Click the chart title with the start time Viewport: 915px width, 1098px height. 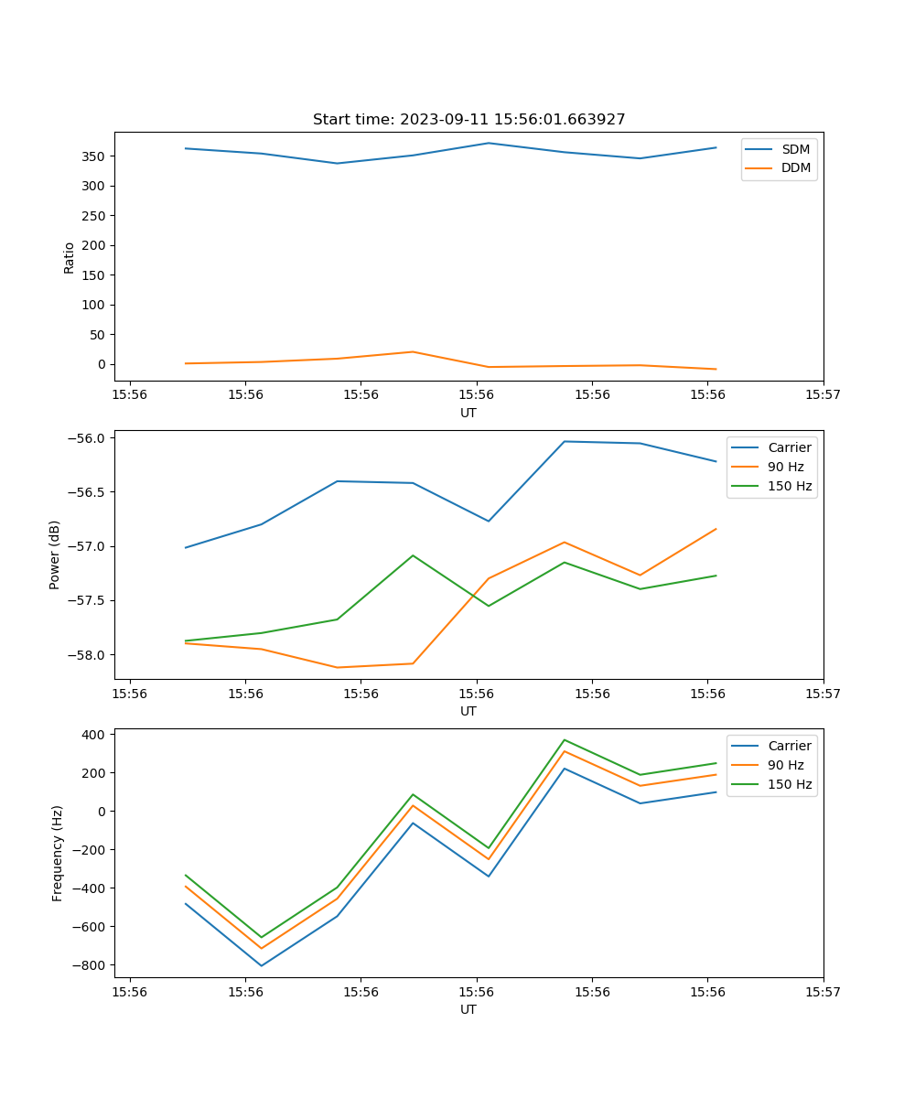click(x=468, y=120)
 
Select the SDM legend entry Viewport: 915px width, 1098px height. click(x=795, y=149)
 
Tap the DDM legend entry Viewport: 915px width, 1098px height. click(x=795, y=167)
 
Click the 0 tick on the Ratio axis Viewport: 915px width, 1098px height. click(x=102, y=364)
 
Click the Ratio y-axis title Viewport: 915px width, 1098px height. click(x=70, y=257)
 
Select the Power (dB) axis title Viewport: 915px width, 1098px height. click(x=55, y=554)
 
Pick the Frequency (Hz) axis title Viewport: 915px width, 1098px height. click(x=58, y=853)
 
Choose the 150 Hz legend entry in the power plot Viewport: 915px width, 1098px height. click(x=790, y=486)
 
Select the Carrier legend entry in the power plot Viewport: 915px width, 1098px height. click(x=790, y=447)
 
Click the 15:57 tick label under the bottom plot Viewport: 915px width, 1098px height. click(x=823, y=991)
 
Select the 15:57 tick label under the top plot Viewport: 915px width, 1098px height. click(x=823, y=394)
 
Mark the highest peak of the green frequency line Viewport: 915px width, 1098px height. click(x=565, y=740)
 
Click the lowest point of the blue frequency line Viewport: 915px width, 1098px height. click(x=262, y=965)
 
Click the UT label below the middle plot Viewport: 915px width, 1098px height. click(x=468, y=711)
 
